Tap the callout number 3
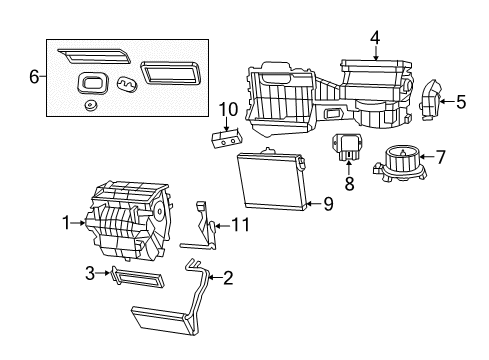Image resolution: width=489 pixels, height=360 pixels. click(89, 273)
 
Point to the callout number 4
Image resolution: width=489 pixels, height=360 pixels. click(374, 39)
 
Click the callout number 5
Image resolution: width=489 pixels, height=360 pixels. click(461, 101)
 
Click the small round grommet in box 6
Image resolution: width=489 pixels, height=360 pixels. click(91, 104)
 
